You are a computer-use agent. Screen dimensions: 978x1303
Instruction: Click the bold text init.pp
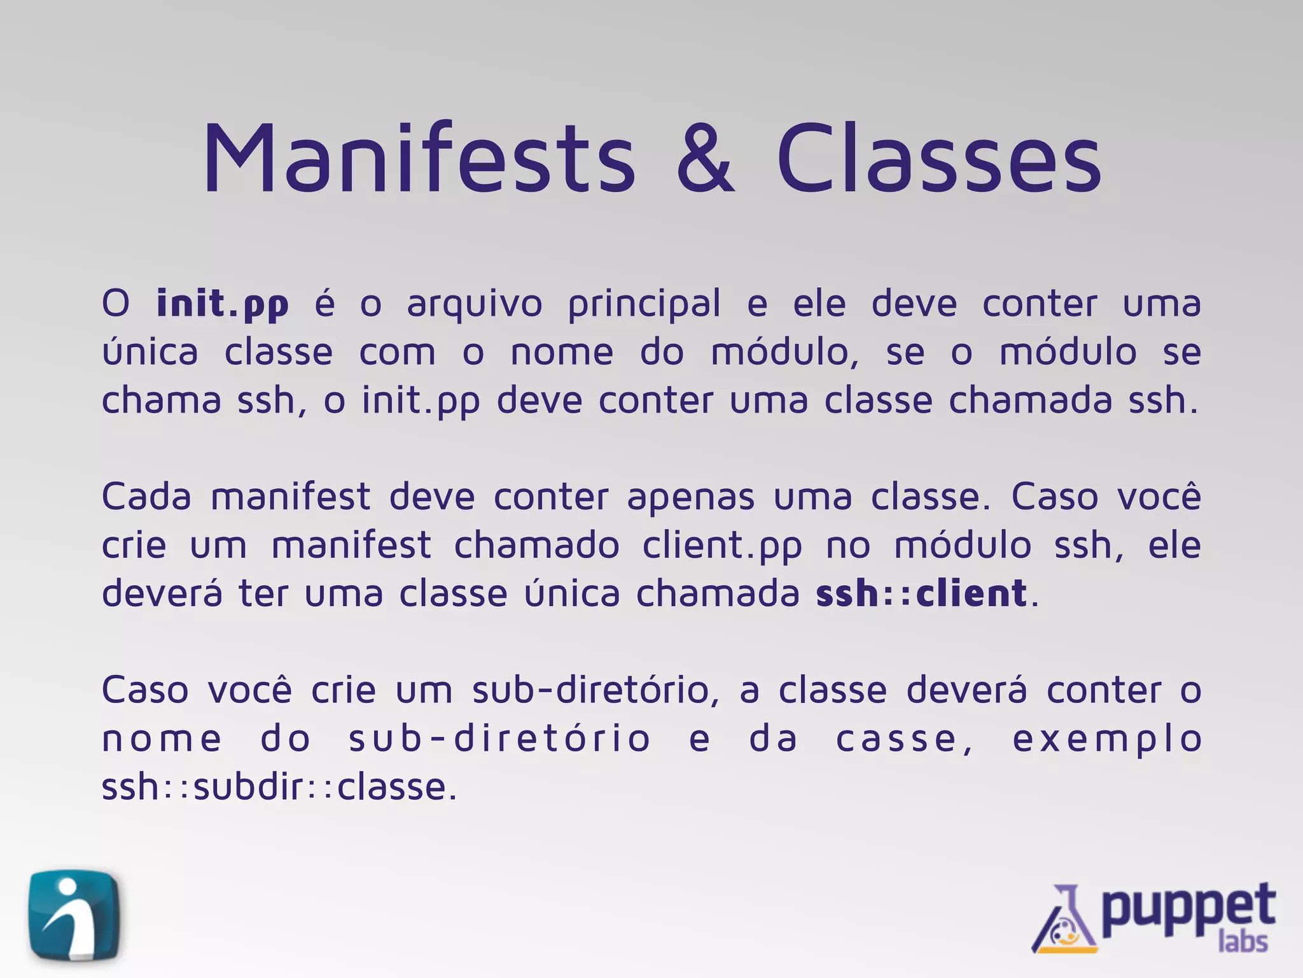[x=223, y=304]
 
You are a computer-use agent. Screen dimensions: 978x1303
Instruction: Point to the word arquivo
[x=475, y=304]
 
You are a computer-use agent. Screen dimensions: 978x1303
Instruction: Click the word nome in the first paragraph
[x=562, y=353]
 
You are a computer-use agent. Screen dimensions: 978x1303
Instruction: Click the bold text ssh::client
[x=921, y=593]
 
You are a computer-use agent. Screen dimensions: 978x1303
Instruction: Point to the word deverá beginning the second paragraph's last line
[x=162, y=593]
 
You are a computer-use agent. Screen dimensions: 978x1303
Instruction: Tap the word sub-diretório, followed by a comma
[x=596, y=690]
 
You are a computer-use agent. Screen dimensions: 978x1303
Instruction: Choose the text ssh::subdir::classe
[x=279, y=787]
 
